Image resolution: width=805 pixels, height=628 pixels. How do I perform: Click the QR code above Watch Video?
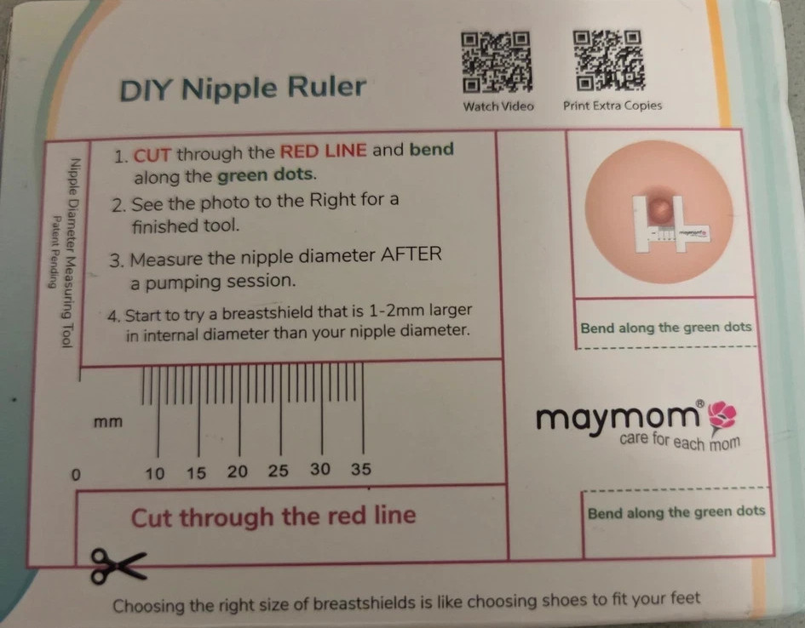pos(496,62)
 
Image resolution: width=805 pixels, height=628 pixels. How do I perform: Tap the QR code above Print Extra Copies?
pos(608,60)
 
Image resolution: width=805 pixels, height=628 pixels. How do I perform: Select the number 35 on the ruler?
pos(361,469)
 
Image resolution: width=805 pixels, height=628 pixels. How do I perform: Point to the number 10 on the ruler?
pos(155,473)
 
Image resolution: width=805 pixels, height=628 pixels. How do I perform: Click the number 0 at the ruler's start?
pos(76,475)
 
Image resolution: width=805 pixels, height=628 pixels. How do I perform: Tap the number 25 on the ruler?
pos(279,471)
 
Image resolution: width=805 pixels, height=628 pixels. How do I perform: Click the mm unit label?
pos(108,422)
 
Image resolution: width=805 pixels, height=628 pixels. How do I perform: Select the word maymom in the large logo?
pos(617,420)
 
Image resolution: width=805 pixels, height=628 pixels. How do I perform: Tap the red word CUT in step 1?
pos(152,155)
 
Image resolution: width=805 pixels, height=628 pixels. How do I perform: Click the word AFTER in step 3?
pos(411,254)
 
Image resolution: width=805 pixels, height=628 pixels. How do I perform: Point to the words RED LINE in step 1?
pos(324,151)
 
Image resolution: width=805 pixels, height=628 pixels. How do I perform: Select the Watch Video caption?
pos(498,106)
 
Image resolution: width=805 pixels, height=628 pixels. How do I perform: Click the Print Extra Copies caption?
pos(612,106)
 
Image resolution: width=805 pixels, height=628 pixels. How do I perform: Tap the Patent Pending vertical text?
pos(53,252)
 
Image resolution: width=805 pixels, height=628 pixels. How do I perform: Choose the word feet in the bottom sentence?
pos(685,598)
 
